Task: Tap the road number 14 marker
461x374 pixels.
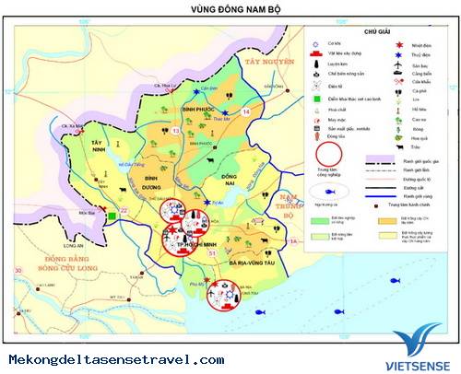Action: pyautogui.click(x=244, y=111)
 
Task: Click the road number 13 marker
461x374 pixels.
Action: pyautogui.click(x=175, y=132)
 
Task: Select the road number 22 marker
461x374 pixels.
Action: pyautogui.click(x=124, y=210)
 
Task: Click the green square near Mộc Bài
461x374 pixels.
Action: pyautogui.click(x=111, y=216)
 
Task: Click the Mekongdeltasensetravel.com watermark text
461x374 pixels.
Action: pyautogui.click(x=116, y=359)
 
